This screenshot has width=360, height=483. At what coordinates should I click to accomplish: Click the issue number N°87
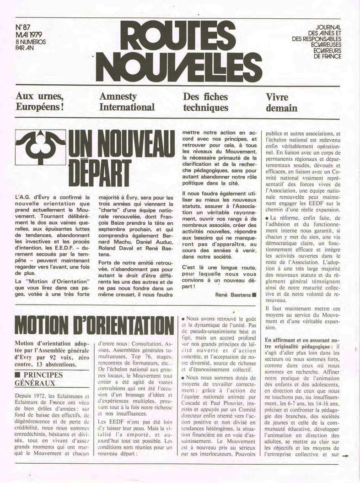[x=22, y=28]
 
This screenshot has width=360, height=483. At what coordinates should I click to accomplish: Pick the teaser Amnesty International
[x=127, y=102]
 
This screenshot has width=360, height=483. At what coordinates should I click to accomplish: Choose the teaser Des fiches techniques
[x=205, y=102]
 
